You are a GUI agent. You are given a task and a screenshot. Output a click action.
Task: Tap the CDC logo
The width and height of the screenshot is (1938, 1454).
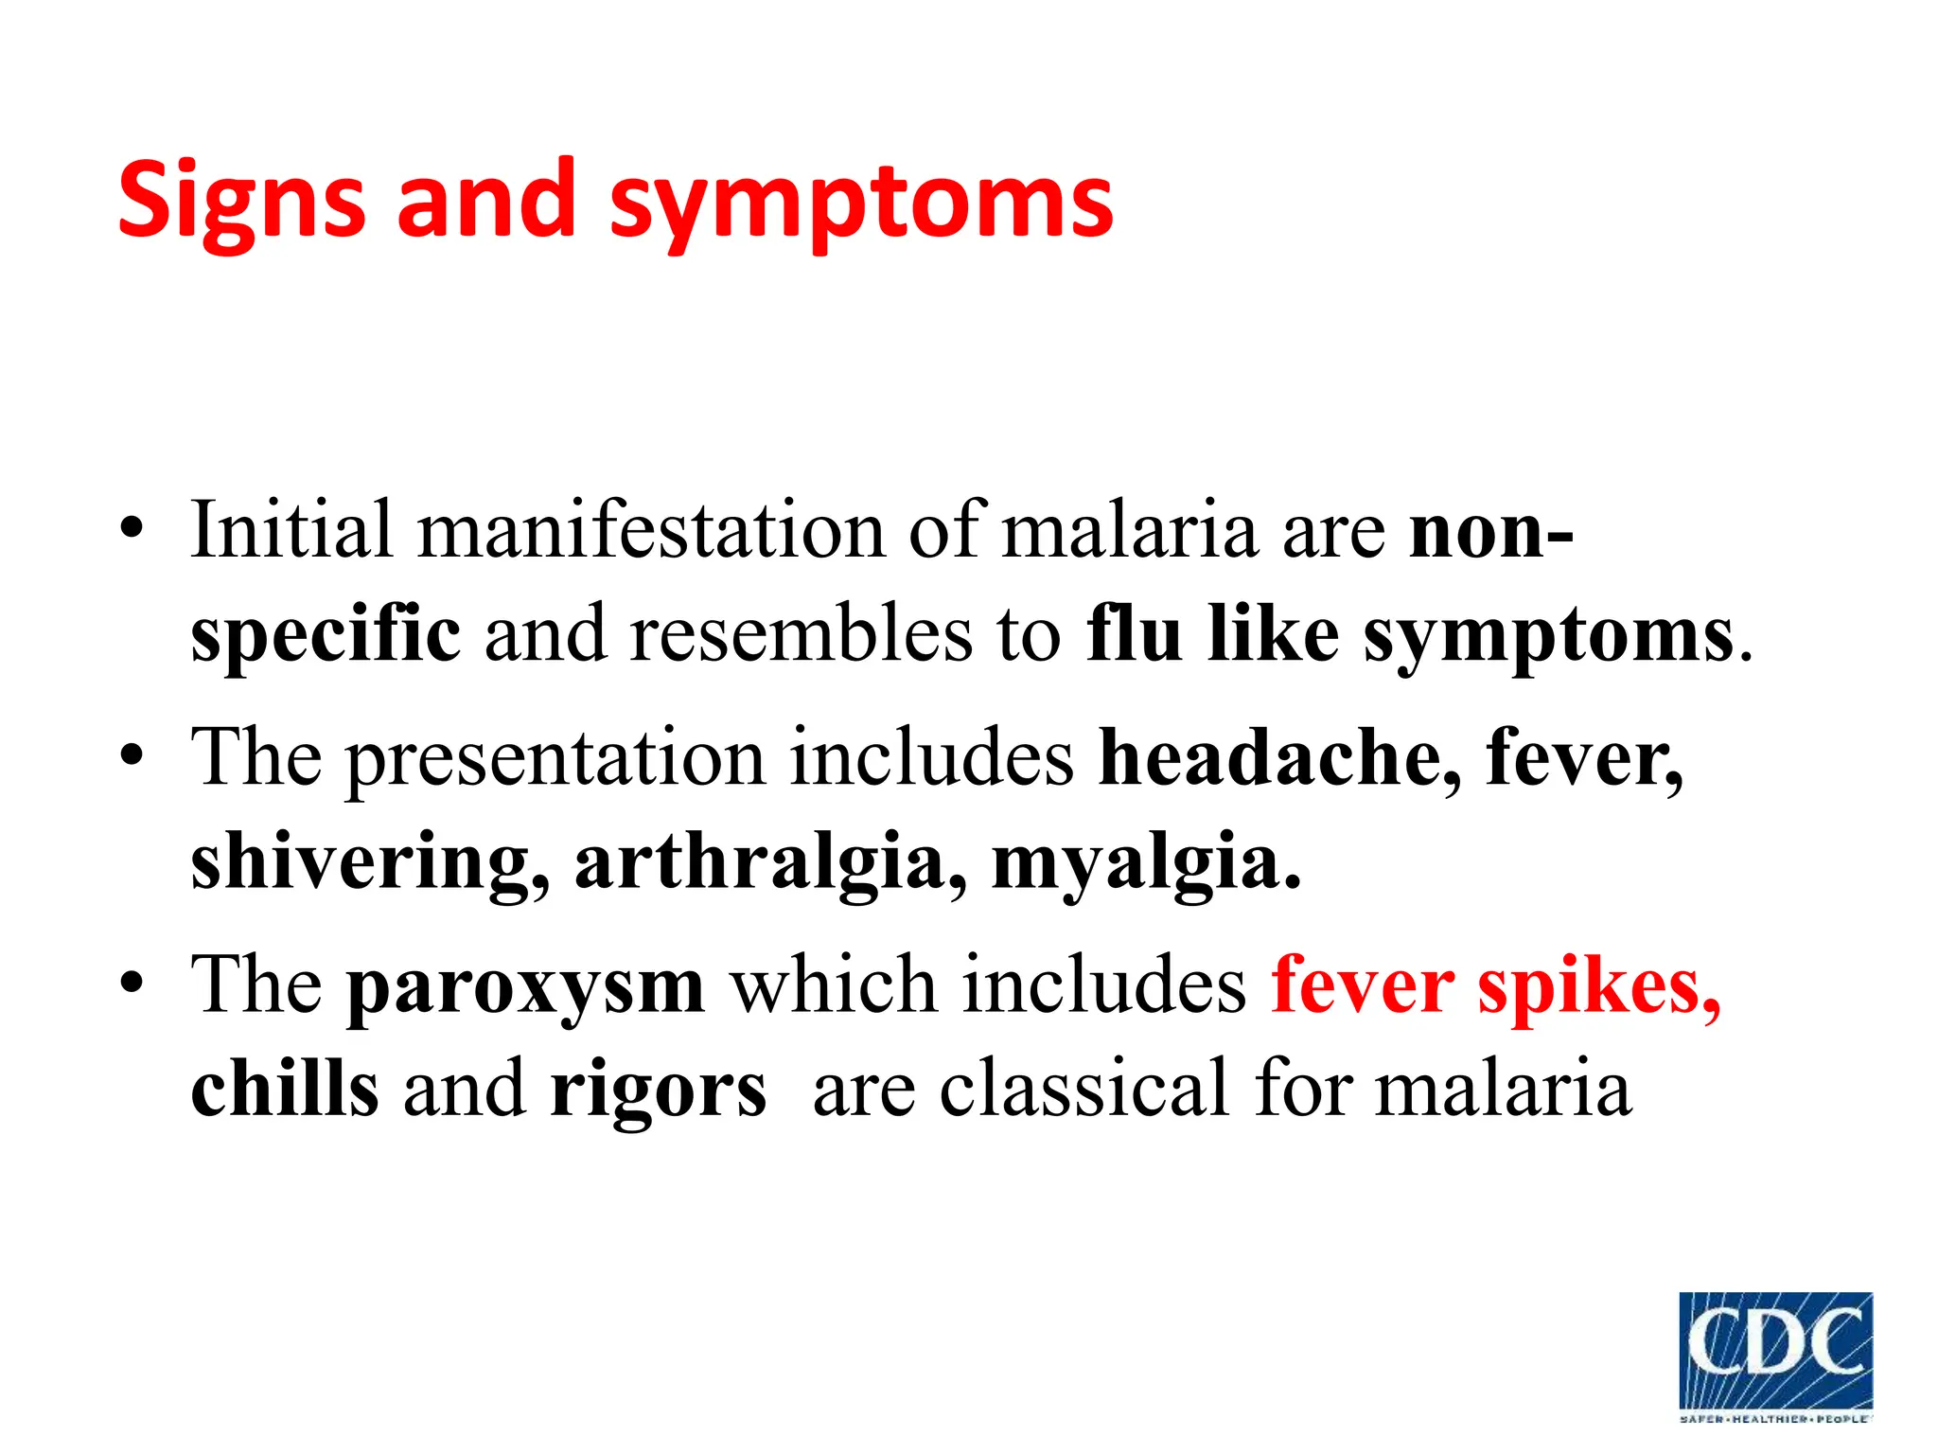[1775, 1355]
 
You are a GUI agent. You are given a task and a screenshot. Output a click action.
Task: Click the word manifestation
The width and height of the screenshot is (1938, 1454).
[651, 530]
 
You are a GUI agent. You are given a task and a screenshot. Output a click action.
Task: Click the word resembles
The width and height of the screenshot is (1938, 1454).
[800, 634]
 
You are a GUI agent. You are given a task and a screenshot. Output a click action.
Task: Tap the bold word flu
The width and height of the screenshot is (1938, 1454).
[1134, 634]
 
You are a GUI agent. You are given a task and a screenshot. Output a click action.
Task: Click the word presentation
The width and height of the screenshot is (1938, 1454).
[555, 759]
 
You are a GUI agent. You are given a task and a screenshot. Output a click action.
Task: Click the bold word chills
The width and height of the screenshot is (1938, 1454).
[285, 1089]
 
